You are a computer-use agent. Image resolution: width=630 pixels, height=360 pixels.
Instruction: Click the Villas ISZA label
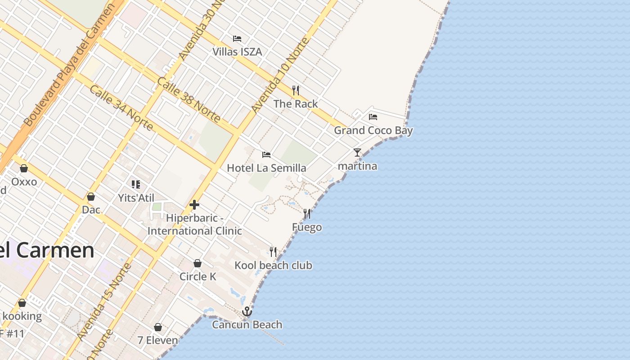(x=237, y=52)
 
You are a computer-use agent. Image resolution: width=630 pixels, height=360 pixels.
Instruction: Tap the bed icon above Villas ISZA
(x=237, y=39)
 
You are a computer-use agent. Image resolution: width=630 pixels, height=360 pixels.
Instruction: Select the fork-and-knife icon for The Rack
(x=296, y=90)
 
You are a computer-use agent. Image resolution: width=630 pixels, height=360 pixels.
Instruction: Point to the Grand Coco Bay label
(x=373, y=130)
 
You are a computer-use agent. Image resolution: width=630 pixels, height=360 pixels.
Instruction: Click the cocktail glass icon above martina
(x=357, y=153)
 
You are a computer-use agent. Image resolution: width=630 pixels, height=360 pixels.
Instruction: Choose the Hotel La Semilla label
(x=266, y=168)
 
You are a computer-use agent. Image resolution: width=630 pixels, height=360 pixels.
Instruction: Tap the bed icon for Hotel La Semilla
(x=266, y=155)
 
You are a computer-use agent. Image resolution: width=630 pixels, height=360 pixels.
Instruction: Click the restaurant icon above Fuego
(x=307, y=213)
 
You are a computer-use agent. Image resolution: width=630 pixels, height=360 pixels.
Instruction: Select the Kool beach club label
(x=273, y=265)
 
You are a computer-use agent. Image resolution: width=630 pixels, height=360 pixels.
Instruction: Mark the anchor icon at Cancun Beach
(x=247, y=311)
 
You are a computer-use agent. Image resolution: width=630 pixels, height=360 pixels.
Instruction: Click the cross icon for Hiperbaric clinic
(x=194, y=205)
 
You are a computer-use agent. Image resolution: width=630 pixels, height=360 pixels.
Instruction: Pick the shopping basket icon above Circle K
(x=197, y=263)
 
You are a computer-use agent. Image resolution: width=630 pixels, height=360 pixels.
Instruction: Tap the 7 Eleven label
(x=158, y=341)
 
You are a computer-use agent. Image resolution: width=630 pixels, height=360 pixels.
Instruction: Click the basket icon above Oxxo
(x=24, y=168)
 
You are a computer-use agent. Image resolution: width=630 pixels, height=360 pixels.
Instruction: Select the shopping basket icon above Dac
(x=91, y=197)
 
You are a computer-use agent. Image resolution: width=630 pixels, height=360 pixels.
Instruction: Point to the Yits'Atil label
(x=136, y=198)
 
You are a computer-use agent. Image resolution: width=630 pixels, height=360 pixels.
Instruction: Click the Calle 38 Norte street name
(x=189, y=100)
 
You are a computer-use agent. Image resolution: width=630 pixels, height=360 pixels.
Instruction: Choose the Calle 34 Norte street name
(x=121, y=108)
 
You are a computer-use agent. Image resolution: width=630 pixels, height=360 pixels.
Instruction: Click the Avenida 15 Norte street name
(x=104, y=301)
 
